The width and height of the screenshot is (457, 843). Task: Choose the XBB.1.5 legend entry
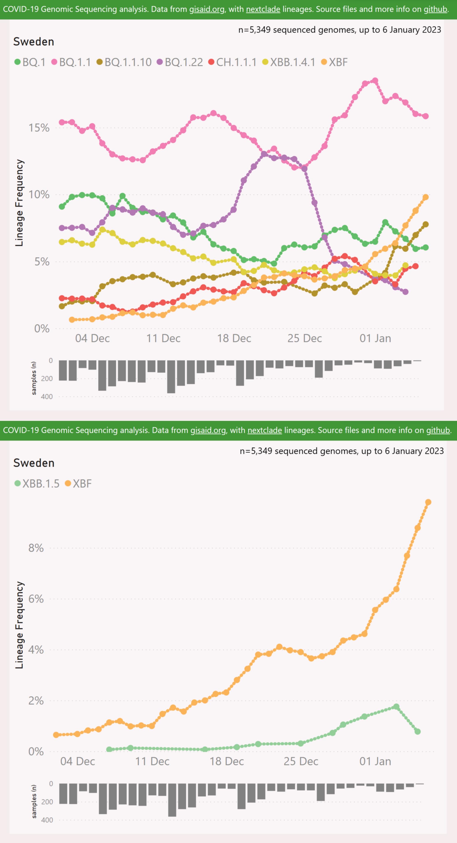[37, 484]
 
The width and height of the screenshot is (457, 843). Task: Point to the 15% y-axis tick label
[39, 128]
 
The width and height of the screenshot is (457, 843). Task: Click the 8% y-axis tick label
[36, 548]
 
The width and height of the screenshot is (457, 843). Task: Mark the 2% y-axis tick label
[36, 701]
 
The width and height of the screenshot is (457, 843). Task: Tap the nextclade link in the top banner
[263, 9]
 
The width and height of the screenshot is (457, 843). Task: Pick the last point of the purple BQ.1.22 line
[405, 292]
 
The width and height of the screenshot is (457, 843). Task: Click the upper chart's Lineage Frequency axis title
[19, 203]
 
